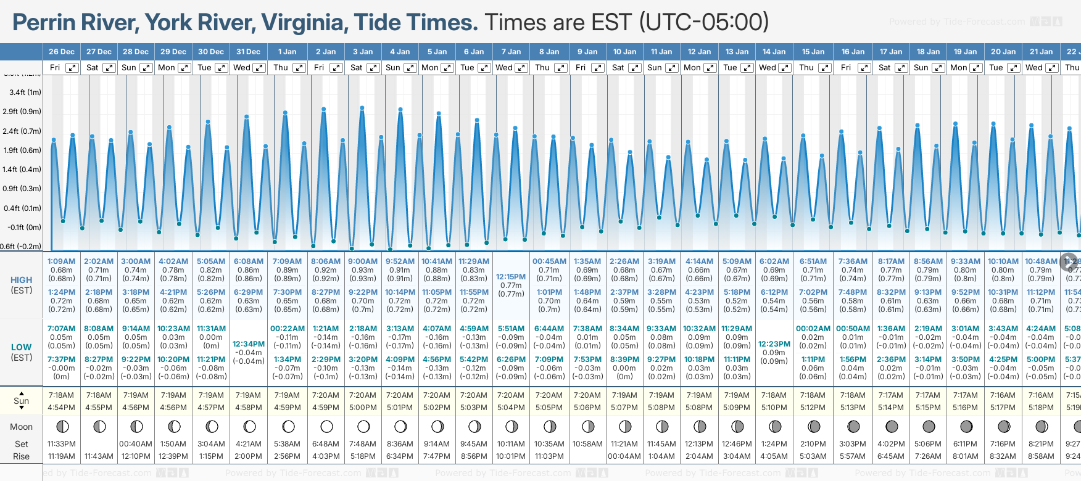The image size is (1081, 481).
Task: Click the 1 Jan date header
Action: [287, 52]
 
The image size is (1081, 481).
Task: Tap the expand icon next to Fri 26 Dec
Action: [72, 68]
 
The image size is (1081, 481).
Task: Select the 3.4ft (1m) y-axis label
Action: [25, 92]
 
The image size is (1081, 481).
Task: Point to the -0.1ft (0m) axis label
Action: [25, 227]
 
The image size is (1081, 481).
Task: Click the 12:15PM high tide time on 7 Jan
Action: [511, 277]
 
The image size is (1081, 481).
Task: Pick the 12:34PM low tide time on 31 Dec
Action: [249, 344]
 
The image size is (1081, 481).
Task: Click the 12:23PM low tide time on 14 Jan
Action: [774, 344]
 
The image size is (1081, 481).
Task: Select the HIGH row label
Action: [22, 280]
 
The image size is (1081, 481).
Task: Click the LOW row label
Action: [22, 347]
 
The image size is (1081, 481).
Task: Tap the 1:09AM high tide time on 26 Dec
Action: [62, 261]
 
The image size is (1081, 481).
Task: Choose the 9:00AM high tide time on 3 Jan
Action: [363, 261]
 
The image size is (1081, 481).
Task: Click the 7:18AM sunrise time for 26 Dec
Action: [62, 395]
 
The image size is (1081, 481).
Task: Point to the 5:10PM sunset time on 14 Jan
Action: [774, 408]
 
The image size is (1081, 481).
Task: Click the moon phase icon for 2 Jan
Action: [326, 427]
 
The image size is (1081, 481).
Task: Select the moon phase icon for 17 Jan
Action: [892, 427]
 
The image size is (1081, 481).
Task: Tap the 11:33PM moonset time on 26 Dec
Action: [62, 444]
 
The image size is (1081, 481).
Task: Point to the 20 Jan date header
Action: [1003, 52]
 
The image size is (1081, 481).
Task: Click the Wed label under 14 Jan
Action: [768, 68]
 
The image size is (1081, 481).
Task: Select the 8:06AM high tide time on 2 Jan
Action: [325, 261]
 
